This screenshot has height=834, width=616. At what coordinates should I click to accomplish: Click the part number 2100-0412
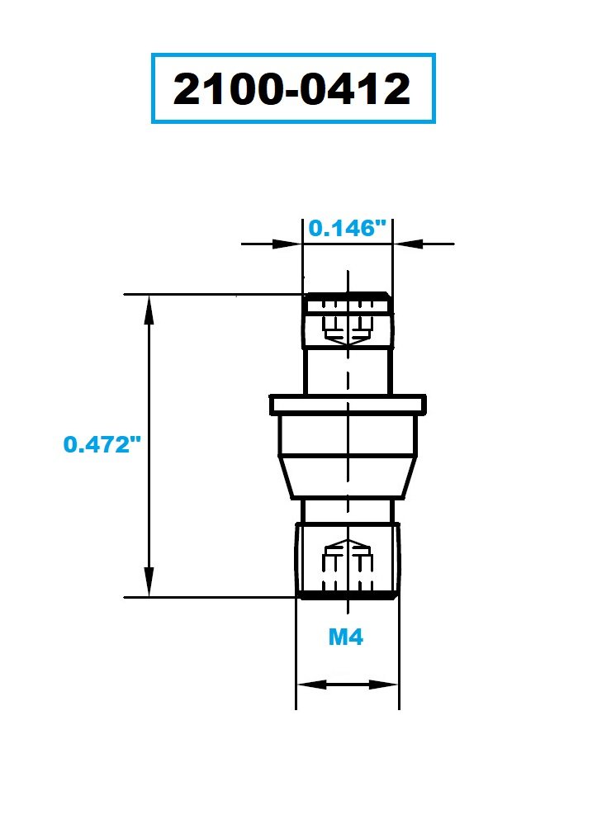click(292, 89)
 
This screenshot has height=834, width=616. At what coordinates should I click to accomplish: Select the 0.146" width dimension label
click(347, 229)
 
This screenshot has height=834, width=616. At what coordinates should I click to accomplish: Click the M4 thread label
click(346, 637)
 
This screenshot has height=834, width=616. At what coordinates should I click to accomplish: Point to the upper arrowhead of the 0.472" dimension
click(149, 306)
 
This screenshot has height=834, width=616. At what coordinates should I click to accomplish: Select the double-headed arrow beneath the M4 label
click(348, 685)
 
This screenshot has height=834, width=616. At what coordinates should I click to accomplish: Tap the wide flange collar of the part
click(348, 405)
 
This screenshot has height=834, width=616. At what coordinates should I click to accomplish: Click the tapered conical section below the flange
click(348, 478)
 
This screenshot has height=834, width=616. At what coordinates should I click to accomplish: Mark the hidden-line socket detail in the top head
click(348, 326)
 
